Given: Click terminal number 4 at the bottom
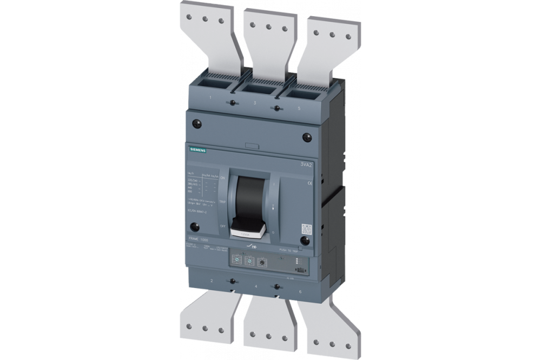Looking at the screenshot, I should (254, 288).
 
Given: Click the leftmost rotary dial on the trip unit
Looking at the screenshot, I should (237, 259).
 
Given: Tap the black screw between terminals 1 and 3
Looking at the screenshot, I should (232, 103).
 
